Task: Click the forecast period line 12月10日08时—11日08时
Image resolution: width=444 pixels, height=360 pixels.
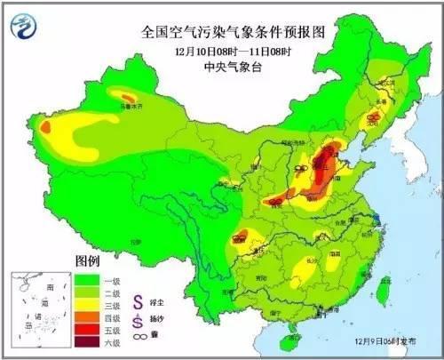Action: click(233, 50)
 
